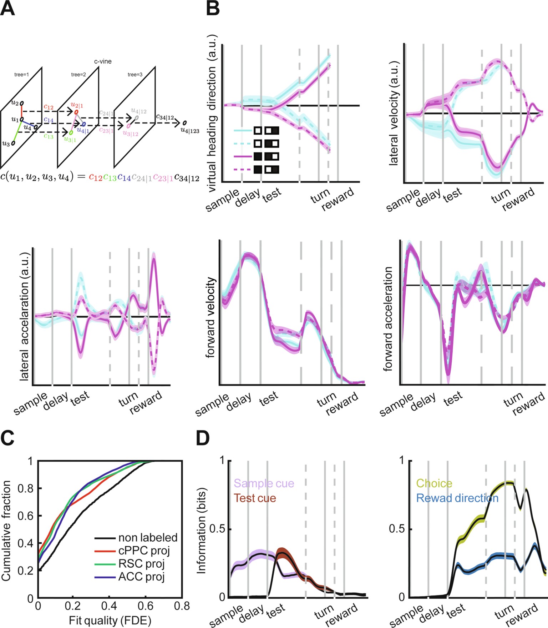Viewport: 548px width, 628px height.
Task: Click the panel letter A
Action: tap(7, 9)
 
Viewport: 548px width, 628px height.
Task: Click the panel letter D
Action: tap(203, 438)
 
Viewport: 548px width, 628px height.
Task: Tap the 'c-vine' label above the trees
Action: tap(103, 61)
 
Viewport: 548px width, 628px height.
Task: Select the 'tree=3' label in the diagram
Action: tap(135, 75)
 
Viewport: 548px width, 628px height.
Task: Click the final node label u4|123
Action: tap(190, 131)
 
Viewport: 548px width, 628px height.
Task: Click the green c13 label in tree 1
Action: tap(49, 136)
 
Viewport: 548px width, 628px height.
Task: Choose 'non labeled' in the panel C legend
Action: tap(148, 537)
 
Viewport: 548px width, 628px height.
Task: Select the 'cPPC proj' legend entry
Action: tap(144, 550)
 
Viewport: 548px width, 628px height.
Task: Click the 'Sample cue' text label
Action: tap(264, 483)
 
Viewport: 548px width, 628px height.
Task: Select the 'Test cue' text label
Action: tap(255, 498)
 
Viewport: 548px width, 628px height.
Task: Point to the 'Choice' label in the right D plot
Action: tap(434, 483)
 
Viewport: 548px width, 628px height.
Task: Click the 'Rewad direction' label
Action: tap(457, 498)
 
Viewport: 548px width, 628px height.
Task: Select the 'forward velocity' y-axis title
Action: tap(211, 318)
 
